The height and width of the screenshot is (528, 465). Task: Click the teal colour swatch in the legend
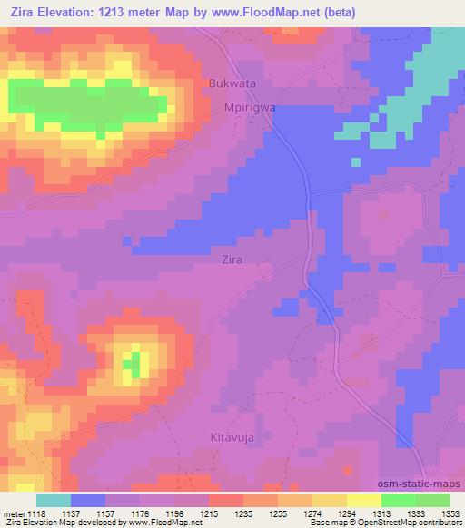[x=54, y=500]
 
